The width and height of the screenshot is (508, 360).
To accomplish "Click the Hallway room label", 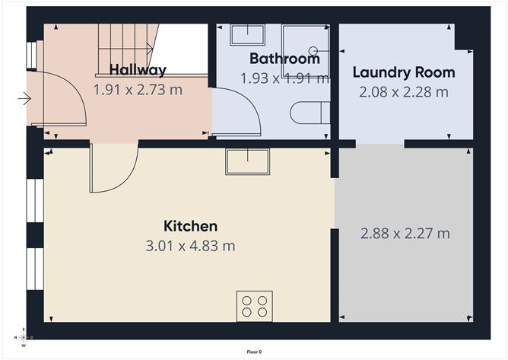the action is (x=138, y=70).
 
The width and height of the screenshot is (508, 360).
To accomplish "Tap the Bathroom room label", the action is (x=284, y=59).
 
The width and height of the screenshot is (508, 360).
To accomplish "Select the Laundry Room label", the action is (x=404, y=72).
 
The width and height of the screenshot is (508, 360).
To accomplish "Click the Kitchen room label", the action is (x=190, y=226).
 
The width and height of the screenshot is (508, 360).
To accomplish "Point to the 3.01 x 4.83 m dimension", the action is (x=190, y=246).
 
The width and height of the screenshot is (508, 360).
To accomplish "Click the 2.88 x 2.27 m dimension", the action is (x=405, y=234).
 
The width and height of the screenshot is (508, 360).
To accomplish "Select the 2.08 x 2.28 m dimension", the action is (x=404, y=92).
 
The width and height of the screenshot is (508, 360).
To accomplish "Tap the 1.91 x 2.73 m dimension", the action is (x=138, y=90).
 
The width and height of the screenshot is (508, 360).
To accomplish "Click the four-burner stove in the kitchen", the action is (x=255, y=306).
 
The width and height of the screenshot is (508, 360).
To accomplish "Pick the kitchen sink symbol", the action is (x=247, y=161).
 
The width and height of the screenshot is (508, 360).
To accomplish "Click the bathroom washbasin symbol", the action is (x=247, y=34).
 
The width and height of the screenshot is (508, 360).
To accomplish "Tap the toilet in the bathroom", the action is (x=310, y=113).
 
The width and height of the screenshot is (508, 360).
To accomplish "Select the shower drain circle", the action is (x=313, y=51).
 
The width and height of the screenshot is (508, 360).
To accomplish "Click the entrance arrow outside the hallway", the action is (x=24, y=98).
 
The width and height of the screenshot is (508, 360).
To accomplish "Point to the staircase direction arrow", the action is (x=125, y=49).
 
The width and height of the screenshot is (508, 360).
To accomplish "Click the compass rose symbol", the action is (x=24, y=337).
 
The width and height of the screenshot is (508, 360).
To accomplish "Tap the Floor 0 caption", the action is (x=254, y=352).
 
